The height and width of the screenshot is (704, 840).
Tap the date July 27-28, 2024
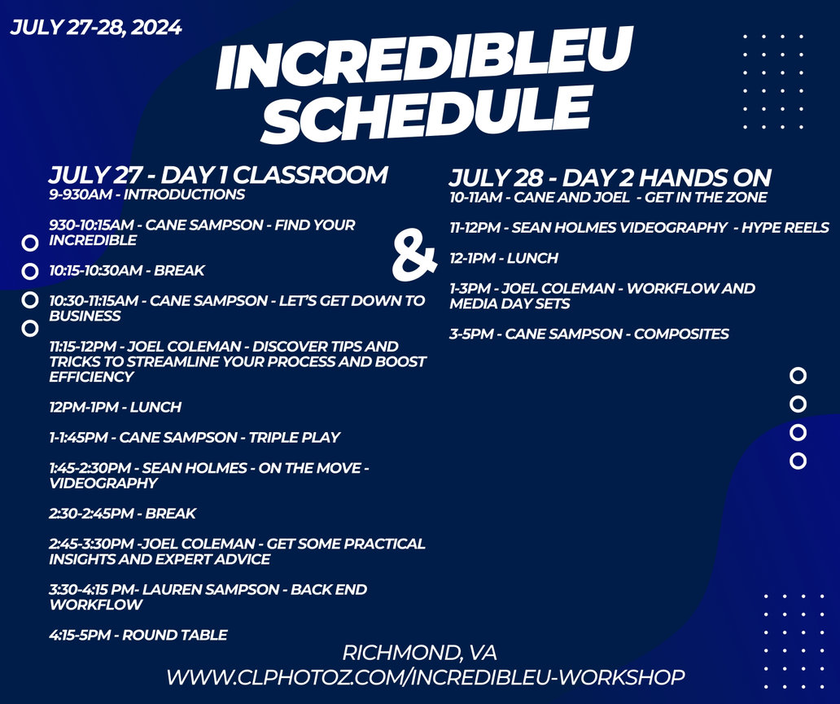tap(96, 28)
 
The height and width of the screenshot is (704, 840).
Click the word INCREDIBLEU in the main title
tap(424, 59)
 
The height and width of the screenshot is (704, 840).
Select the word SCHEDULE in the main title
tap(428, 114)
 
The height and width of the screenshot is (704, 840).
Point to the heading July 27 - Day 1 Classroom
tap(218, 175)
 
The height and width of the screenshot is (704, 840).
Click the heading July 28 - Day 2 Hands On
tap(610, 178)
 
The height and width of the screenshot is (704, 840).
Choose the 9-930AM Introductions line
tap(147, 195)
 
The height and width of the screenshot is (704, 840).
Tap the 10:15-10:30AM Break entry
tap(127, 270)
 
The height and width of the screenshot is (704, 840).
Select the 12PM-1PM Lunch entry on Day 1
tap(116, 407)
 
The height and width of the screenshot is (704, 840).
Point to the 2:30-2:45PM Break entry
tap(123, 514)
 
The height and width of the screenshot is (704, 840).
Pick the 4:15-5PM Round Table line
tap(138, 636)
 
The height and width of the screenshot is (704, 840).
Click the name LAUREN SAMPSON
tap(211, 590)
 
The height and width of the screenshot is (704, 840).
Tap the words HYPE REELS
tap(785, 228)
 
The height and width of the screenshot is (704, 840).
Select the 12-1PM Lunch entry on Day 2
tap(504, 258)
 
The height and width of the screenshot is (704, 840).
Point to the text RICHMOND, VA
tap(419, 653)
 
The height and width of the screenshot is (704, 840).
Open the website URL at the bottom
tap(426, 677)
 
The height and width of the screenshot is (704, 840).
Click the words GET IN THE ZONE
tap(706, 198)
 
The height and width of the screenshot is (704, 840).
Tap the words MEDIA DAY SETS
tap(510, 304)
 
